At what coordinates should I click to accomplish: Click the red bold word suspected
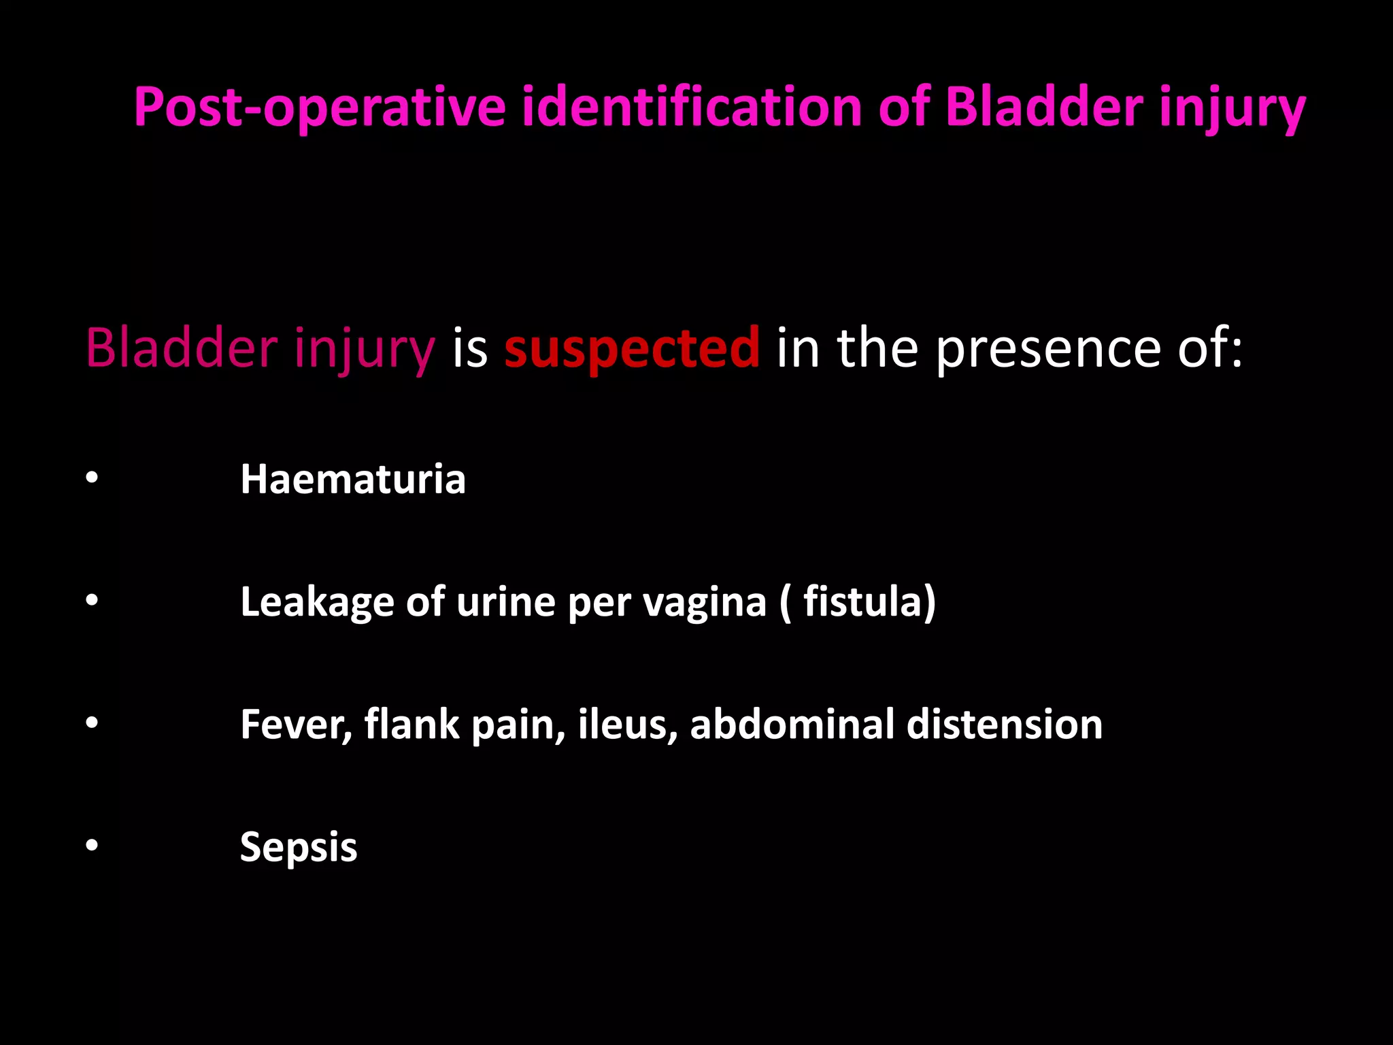(x=631, y=348)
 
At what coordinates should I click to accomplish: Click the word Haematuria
(x=353, y=480)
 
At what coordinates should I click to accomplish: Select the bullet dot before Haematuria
(x=92, y=478)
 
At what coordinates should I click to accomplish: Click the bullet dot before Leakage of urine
(x=92, y=601)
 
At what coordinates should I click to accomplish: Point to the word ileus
(x=626, y=725)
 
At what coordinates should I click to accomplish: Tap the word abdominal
(x=792, y=725)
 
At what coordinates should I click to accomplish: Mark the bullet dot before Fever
(x=92, y=723)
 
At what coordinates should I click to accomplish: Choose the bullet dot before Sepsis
(x=92, y=846)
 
